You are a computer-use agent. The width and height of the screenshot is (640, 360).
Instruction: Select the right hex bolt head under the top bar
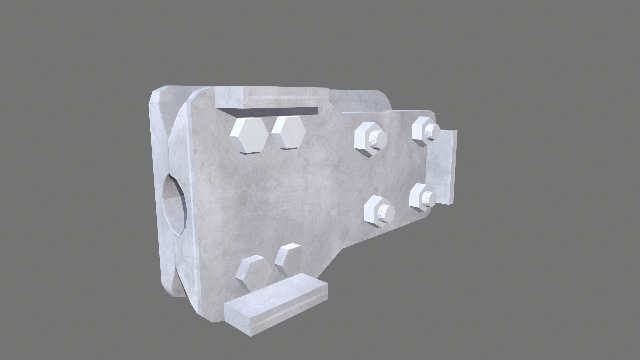[x=288, y=133]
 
